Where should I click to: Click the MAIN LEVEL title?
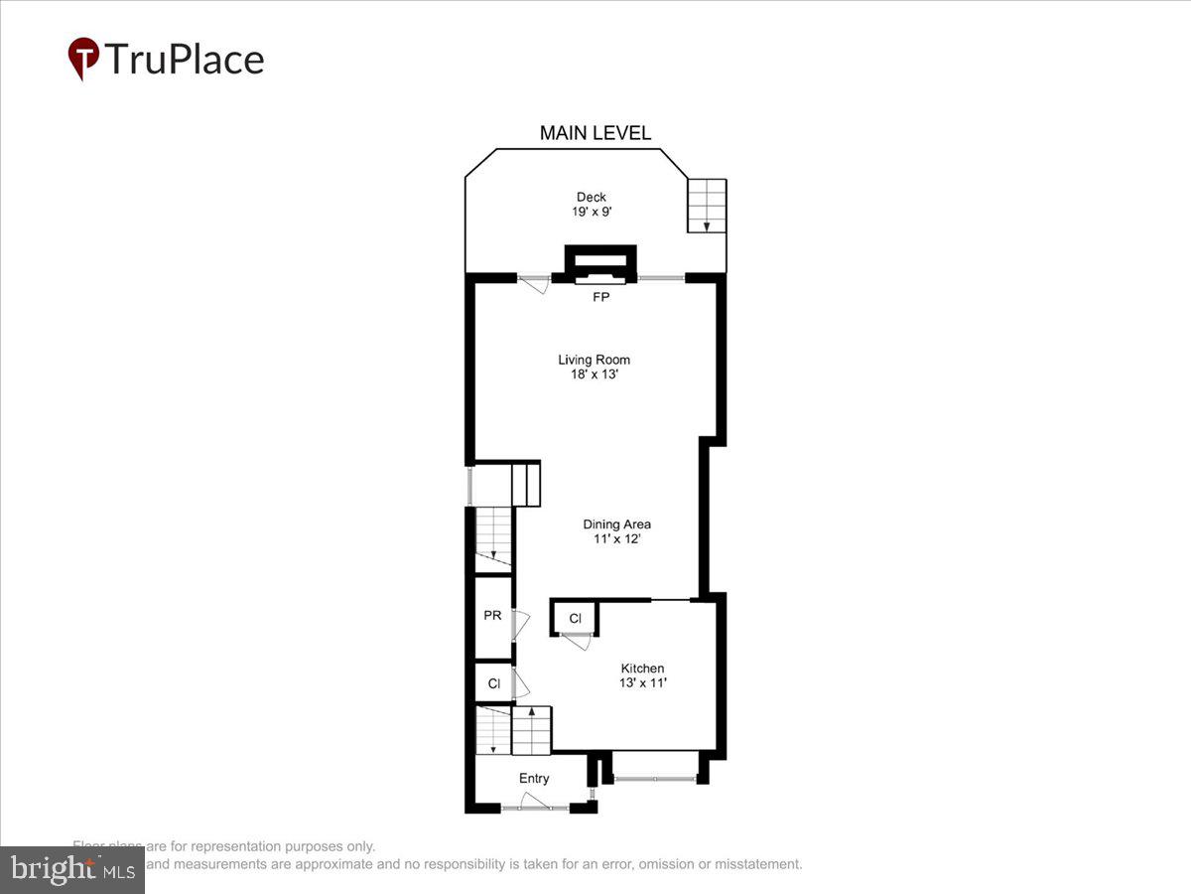click(595, 133)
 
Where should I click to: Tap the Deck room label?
click(592, 197)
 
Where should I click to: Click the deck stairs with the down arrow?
click(707, 206)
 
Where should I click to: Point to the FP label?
click(600, 297)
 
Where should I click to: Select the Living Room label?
click(594, 360)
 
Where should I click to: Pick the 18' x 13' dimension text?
click(594, 374)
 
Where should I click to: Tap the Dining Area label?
click(616, 523)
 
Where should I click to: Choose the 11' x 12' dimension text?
click(616, 538)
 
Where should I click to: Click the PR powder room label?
click(492, 616)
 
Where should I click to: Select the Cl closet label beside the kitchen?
click(575, 619)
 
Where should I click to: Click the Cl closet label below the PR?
click(493, 683)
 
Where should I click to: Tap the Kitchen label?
click(642, 668)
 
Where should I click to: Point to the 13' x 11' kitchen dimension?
click(642, 682)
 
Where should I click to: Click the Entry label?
click(534, 779)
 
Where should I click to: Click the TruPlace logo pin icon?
click(82, 58)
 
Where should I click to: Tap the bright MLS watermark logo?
click(72, 869)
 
